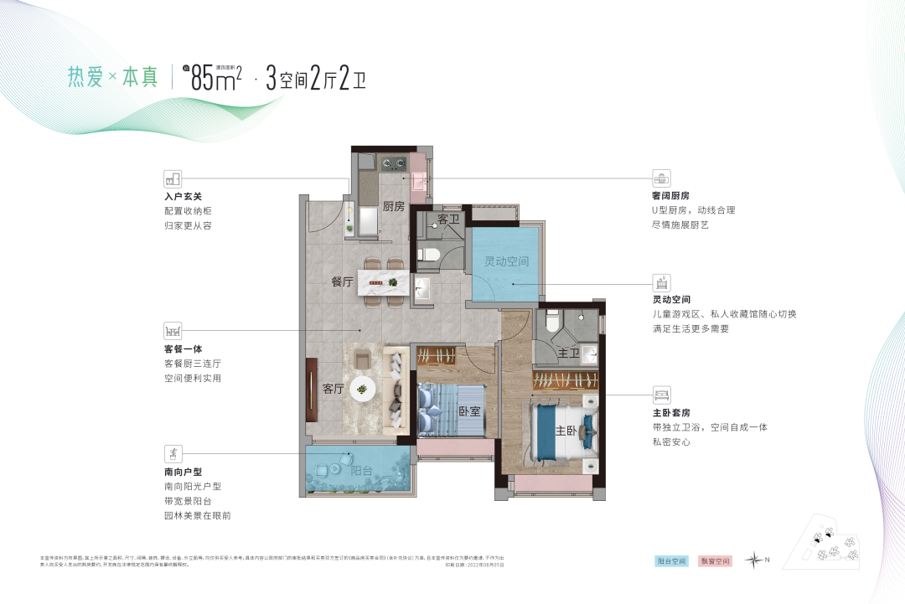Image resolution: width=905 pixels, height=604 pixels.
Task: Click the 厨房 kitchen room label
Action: (393, 206)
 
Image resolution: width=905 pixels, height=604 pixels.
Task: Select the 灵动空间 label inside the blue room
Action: (506, 261)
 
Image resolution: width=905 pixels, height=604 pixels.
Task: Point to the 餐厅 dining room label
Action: (342, 281)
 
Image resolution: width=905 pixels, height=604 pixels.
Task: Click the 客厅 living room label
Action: (334, 389)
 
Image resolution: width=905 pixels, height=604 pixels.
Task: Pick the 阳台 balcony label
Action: (361, 471)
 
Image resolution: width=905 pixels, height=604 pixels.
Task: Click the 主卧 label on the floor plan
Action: (566, 431)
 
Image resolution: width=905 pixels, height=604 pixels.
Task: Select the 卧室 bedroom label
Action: (469, 411)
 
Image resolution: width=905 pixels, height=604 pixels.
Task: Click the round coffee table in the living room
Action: (363, 386)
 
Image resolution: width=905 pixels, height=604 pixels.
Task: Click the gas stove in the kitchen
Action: (393, 163)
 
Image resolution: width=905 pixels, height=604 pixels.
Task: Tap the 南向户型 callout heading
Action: (184, 471)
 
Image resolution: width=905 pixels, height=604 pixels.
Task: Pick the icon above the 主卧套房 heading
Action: (661, 394)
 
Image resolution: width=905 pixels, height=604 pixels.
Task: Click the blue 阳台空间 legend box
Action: (671, 560)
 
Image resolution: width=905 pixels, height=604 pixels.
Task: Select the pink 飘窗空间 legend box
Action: (716, 560)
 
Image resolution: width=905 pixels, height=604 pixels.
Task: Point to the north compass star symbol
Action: (756, 560)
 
